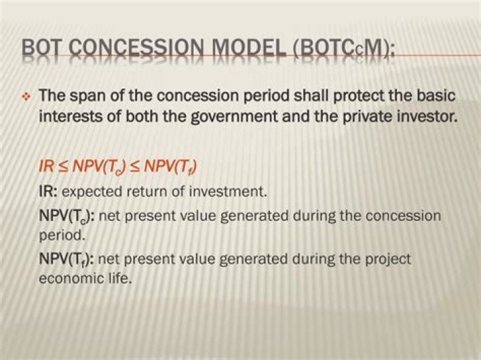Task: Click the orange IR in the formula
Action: [46, 167]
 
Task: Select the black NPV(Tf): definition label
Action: [66, 258]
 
